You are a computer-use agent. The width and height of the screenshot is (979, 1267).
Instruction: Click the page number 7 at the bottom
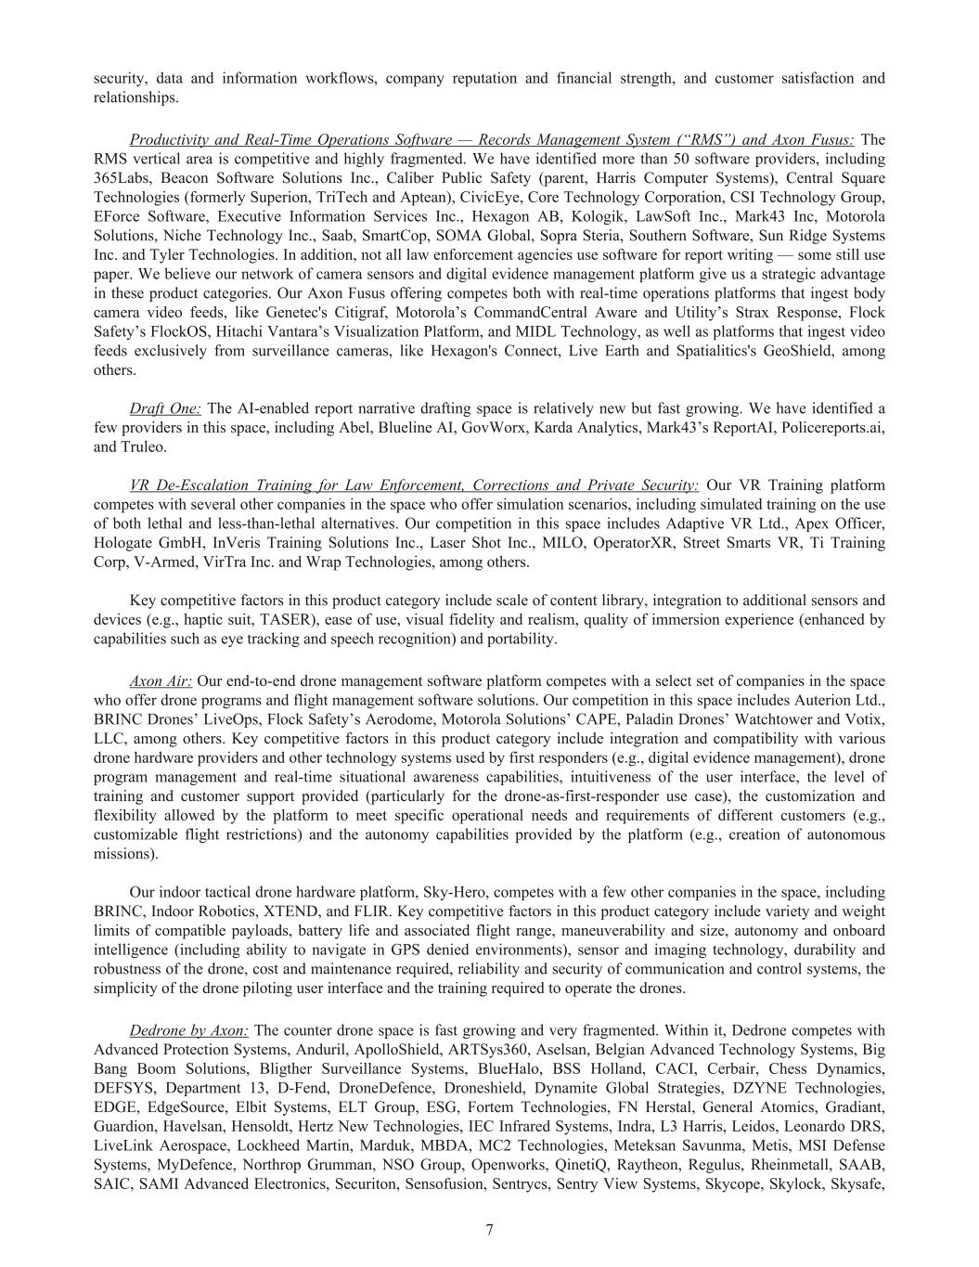pos(489,1230)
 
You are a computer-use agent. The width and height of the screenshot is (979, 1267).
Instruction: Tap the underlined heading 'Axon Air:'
pos(161,681)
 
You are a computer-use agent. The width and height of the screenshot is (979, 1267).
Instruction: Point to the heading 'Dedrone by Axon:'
pos(188,1030)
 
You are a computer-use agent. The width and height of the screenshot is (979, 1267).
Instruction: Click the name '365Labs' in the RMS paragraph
pos(120,178)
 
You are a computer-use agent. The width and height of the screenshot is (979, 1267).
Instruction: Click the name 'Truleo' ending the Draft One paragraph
pos(142,446)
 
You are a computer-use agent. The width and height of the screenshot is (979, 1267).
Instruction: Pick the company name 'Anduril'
pos(322,1050)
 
